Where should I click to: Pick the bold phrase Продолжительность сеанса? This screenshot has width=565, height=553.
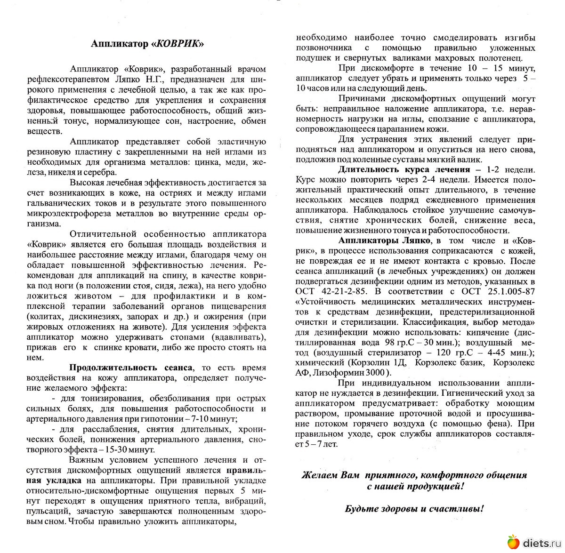[131, 368]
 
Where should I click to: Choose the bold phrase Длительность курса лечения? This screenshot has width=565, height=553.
[404, 169]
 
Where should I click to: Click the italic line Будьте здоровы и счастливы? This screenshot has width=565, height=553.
[414, 509]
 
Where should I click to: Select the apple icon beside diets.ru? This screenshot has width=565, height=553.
[513, 543]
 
